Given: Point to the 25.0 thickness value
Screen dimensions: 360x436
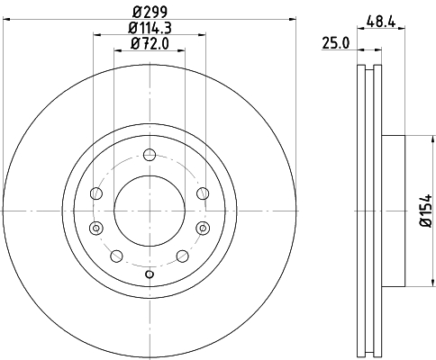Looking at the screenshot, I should [336, 42].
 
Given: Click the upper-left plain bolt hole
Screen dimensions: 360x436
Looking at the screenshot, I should [96, 192].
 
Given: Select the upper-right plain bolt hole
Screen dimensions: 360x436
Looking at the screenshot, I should [200, 192].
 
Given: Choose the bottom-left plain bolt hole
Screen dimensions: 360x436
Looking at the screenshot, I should [114, 256].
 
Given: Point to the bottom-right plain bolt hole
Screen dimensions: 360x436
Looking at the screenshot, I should [183, 256].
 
